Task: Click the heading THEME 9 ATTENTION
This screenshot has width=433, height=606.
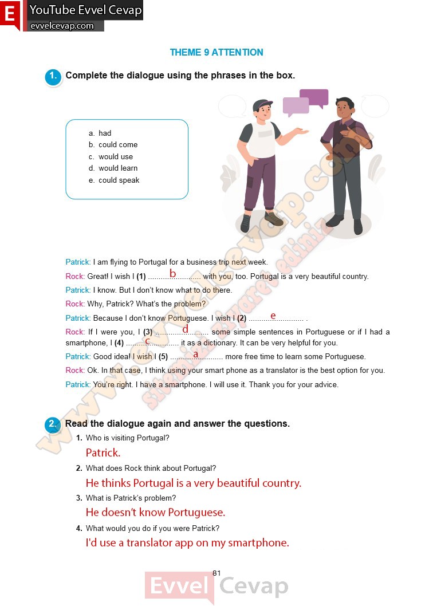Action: [x=216, y=52]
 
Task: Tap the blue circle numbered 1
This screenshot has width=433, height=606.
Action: [x=53, y=77]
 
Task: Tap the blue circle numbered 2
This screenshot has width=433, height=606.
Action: [x=53, y=425]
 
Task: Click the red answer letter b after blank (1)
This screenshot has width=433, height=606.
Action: [x=172, y=273]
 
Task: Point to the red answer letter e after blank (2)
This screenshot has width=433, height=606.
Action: [x=273, y=315]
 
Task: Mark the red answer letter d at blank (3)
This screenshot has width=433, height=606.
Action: [x=185, y=329]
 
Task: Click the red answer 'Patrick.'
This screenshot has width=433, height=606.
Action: [x=103, y=452]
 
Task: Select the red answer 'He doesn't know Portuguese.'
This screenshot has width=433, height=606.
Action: [x=155, y=512]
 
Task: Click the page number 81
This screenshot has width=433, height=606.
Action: [x=216, y=573]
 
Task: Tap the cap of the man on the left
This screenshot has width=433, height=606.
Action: [x=263, y=105]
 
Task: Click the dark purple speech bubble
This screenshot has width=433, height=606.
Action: [x=314, y=97]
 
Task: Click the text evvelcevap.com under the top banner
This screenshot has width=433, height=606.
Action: [x=62, y=26]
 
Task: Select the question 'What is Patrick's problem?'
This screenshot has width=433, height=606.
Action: [x=131, y=498]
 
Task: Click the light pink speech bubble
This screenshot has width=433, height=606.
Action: [x=296, y=106]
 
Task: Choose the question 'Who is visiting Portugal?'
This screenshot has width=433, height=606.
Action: [x=127, y=438]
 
